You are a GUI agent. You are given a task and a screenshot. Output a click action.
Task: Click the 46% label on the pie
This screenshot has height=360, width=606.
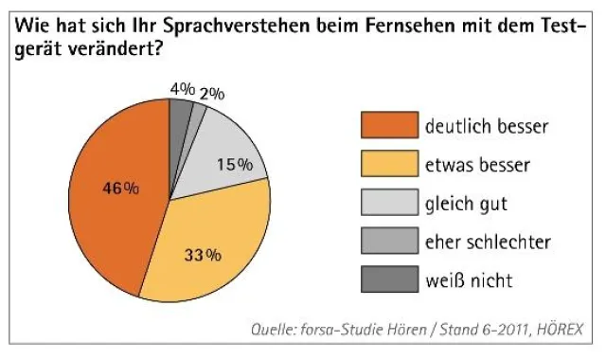[x=120, y=188]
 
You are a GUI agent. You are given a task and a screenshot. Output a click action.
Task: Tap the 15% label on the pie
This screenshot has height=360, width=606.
[x=234, y=164]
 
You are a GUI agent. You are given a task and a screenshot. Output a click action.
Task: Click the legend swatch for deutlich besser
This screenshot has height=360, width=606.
[x=388, y=125]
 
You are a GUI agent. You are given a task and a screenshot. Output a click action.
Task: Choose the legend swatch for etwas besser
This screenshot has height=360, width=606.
[x=388, y=164]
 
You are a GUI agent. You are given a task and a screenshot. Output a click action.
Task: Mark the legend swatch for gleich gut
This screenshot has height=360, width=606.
[x=388, y=203]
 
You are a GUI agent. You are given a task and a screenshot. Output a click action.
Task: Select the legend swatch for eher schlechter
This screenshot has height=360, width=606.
[x=388, y=241]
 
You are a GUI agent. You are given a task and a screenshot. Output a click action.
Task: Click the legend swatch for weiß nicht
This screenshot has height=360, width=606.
[x=388, y=279]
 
